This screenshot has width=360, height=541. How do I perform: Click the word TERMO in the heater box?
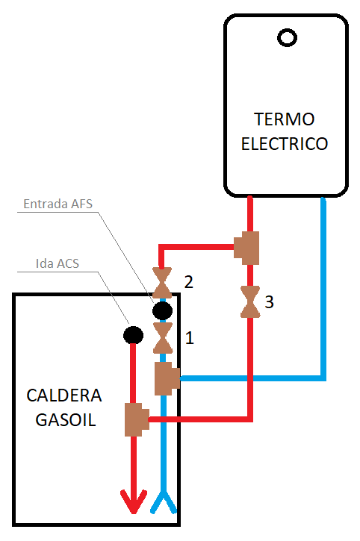(285, 119)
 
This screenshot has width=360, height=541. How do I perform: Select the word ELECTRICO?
(285, 144)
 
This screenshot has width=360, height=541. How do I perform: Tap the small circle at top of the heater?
(287, 37)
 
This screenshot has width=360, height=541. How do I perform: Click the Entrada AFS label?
(58, 204)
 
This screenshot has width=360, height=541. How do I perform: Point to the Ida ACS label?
(58, 263)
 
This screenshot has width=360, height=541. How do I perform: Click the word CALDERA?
(64, 395)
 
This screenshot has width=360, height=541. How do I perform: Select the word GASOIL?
(65, 420)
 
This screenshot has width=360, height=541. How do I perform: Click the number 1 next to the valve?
(189, 338)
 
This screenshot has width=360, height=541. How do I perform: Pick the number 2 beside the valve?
(189, 282)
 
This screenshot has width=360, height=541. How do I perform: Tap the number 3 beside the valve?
(269, 302)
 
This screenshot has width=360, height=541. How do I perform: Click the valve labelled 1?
(163, 338)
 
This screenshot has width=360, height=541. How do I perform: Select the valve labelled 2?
(162, 283)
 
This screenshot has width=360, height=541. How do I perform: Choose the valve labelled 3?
(250, 301)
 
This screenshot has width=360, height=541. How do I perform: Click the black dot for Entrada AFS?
(162, 310)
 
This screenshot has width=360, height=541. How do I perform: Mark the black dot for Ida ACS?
(134, 335)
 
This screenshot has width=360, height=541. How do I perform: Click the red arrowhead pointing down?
(134, 502)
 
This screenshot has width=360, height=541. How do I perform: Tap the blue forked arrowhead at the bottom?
(164, 502)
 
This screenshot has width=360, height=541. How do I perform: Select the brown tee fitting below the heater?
(246, 248)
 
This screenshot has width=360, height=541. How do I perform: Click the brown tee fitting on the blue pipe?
(167, 378)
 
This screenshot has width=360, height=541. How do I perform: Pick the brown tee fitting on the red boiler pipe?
(137, 419)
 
